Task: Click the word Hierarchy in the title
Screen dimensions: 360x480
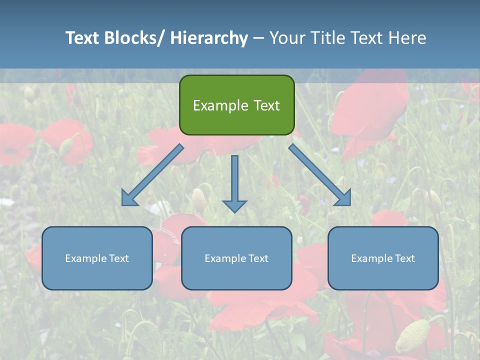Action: pyautogui.click(x=209, y=38)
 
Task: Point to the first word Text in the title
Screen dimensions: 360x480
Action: pyautogui.click(x=82, y=38)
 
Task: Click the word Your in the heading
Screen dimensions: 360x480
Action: pyautogui.click(x=287, y=38)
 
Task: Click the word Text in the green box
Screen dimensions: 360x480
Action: pyautogui.click(x=265, y=105)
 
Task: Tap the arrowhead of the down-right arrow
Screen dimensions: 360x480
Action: pyautogui.click(x=343, y=198)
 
